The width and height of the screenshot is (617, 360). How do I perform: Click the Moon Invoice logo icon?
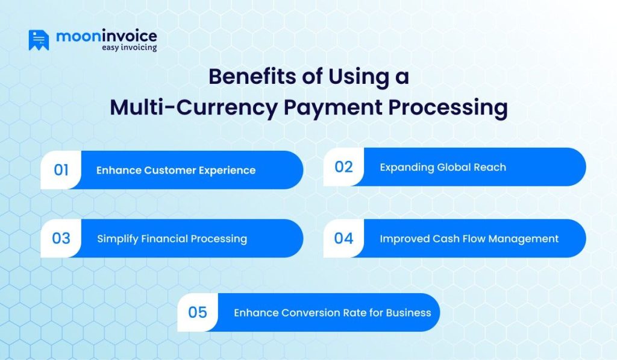(39, 40)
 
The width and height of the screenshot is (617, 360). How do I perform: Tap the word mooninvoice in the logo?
(106, 36)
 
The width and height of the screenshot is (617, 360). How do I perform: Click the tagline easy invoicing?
(129, 48)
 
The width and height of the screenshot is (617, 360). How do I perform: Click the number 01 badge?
(61, 170)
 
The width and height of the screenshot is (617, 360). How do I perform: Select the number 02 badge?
(343, 167)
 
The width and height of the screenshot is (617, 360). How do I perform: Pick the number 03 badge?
(61, 238)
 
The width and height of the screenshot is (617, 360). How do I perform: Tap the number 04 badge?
(343, 238)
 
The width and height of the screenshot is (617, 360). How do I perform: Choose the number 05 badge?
(198, 312)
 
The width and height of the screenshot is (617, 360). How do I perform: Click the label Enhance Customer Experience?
(176, 171)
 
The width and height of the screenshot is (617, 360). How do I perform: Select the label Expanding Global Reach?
(443, 167)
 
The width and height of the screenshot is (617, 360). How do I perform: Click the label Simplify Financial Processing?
(172, 239)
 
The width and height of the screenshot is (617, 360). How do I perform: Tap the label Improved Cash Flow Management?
(469, 239)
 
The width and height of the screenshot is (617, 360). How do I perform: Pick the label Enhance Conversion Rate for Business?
(332, 313)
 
